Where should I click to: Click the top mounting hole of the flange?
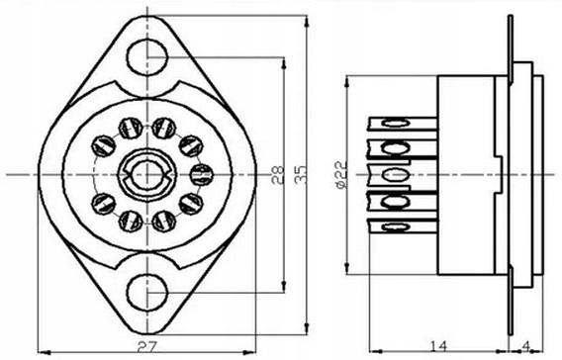coord(147,57)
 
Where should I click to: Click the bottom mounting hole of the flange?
coord(147,293)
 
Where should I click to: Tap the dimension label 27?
coord(147,347)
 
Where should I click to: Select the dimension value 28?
coord(277,175)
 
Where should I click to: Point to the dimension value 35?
coord(301,175)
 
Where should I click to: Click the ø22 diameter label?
coord(340,175)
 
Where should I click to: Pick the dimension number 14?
coord(438,346)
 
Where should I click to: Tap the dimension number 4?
coord(526,346)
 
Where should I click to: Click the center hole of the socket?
coord(147,175)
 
